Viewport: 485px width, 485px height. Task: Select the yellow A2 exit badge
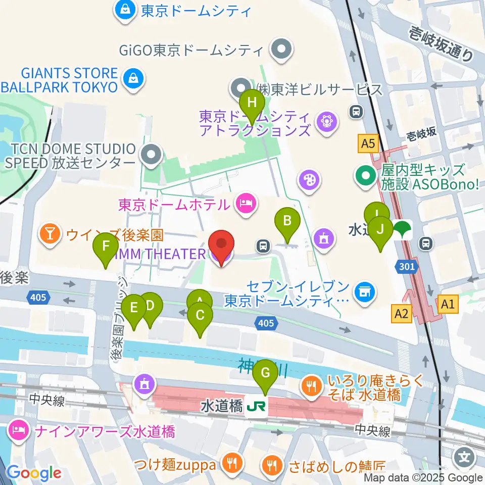click(x=401, y=314)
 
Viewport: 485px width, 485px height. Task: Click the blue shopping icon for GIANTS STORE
click(x=133, y=79)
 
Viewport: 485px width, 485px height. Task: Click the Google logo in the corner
click(x=33, y=473)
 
